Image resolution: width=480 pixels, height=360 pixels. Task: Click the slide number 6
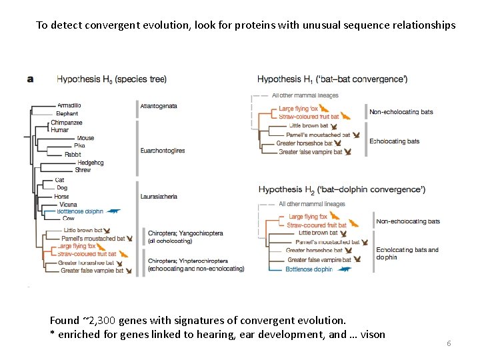tap(449, 343)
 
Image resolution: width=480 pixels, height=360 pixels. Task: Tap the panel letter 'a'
tap(30, 79)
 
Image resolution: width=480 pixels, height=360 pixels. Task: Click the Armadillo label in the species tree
tap(69, 105)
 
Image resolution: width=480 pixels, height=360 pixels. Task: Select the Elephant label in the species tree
tap(67, 114)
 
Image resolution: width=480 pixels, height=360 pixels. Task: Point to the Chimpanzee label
tap(67, 123)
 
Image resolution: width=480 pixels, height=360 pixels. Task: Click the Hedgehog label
tap(90, 163)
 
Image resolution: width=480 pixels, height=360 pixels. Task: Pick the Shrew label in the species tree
tap(83, 170)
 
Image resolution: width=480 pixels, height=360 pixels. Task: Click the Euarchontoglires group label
tap(163, 151)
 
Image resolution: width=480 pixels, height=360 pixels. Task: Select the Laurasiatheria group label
tap(159, 197)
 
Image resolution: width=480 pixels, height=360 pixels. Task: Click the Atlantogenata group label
tap(159, 105)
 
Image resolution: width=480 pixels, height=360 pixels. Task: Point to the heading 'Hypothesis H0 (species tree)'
tap(111, 79)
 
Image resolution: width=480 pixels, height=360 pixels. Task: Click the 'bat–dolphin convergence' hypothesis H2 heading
tap(342, 189)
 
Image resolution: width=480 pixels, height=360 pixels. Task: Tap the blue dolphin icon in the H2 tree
tap(345, 269)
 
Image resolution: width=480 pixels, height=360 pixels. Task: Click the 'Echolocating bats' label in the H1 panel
tap(395, 141)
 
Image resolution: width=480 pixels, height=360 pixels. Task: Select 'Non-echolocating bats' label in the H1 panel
tap(401, 111)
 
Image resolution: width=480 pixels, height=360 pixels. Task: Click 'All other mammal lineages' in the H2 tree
tap(311, 204)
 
